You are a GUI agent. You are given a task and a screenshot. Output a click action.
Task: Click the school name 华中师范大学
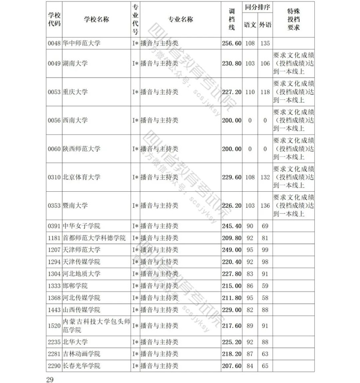pyautogui.click(x=81, y=43)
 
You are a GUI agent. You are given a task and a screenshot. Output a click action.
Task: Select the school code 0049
pyautogui.click(x=54, y=64)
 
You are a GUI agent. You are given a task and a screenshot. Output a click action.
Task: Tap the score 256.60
pyautogui.click(x=231, y=43)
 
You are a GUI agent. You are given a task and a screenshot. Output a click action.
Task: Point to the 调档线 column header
pyautogui.click(x=231, y=19)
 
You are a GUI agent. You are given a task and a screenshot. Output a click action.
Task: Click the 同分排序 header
pyautogui.click(x=258, y=8)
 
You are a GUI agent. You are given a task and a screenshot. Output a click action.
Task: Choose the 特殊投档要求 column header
pyautogui.click(x=294, y=19)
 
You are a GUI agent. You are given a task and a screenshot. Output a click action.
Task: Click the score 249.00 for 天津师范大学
pyautogui.click(x=231, y=250)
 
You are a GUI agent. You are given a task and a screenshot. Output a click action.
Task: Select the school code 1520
pyautogui.click(x=54, y=325)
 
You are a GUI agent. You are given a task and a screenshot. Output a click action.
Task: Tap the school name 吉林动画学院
pyautogui.click(x=81, y=354)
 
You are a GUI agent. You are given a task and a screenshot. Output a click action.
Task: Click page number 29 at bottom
pyautogui.click(x=50, y=379)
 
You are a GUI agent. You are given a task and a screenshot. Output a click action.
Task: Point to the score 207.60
pyautogui.click(x=231, y=366)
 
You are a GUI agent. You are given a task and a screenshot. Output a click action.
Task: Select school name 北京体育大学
pyautogui.click(x=81, y=177)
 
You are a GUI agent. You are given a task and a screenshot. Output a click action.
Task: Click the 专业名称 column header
pyautogui.click(x=180, y=19)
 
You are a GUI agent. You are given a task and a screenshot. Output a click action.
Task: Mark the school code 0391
pyautogui.click(x=54, y=226)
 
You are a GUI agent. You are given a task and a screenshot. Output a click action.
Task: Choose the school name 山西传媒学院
pyautogui.click(x=81, y=309)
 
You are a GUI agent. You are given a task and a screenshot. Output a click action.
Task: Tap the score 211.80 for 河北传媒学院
pyautogui.click(x=231, y=298)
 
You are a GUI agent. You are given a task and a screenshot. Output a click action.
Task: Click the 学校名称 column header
pyautogui.click(x=96, y=19)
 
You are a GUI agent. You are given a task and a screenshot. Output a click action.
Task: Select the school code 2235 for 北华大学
pyautogui.click(x=54, y=342)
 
